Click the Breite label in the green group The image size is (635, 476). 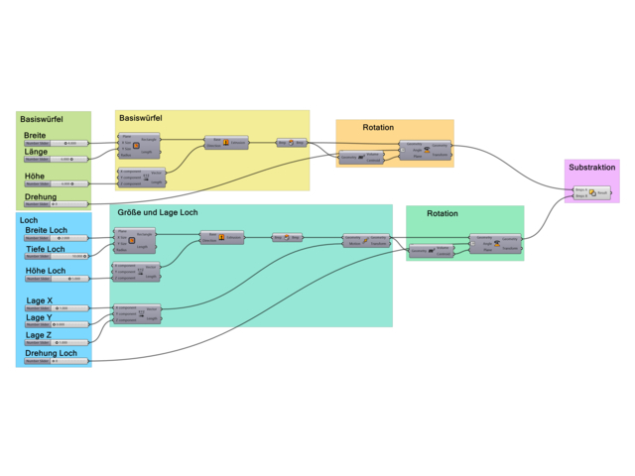point(35,135)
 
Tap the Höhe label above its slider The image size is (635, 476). point(35,176)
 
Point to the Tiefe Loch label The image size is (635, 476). point(45,249)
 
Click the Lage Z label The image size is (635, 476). point(39,335)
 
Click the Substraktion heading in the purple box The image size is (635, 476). point(592,168)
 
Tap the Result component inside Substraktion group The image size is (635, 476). point(592,192)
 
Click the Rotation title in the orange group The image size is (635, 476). point(378,128)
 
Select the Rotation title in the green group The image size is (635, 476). point(443,213)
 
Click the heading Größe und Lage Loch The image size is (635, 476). point(158,212)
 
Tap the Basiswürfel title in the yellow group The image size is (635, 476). point(141,118)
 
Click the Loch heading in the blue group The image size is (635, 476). point(28,219)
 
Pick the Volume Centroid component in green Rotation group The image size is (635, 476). point(431,251)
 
